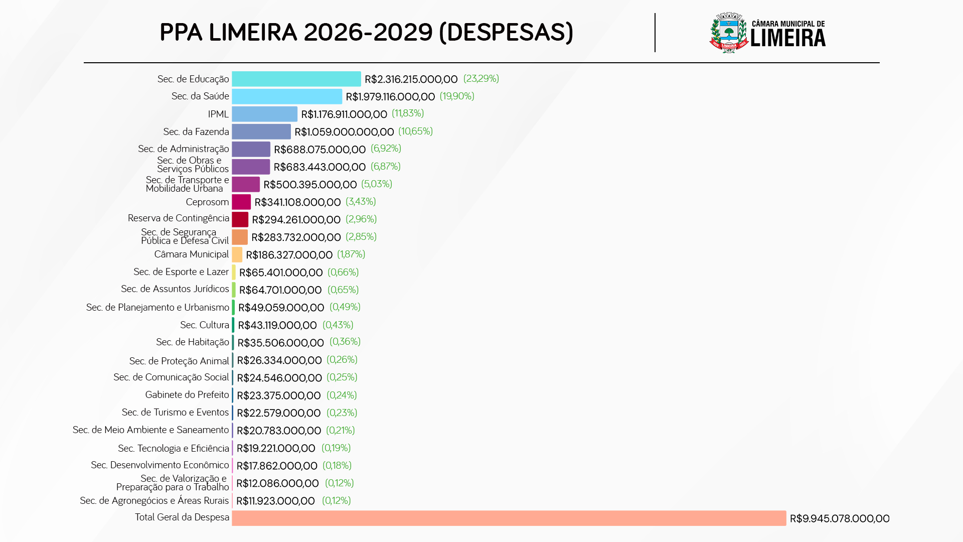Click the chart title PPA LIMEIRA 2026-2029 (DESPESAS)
point(366,33)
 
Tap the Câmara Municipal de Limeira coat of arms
point(729,33)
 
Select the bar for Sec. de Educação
point(296,79)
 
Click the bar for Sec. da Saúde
point(286,96)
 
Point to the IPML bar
point(264,114)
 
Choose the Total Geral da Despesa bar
point(509,518)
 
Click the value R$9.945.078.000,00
point(839,518)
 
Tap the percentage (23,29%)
point(480,79)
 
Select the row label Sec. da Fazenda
point(196,131)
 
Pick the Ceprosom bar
point(241,202)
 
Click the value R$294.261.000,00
point(296,220)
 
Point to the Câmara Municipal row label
point(192,254)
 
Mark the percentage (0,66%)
point(343,272)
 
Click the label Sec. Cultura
point(205,325)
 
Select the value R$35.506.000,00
point(280,343)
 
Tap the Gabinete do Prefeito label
point(187,395)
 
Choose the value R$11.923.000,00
point(275,501)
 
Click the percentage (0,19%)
point(336,448)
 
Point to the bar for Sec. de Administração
point(251,149)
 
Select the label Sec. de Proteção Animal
point(179,361)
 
